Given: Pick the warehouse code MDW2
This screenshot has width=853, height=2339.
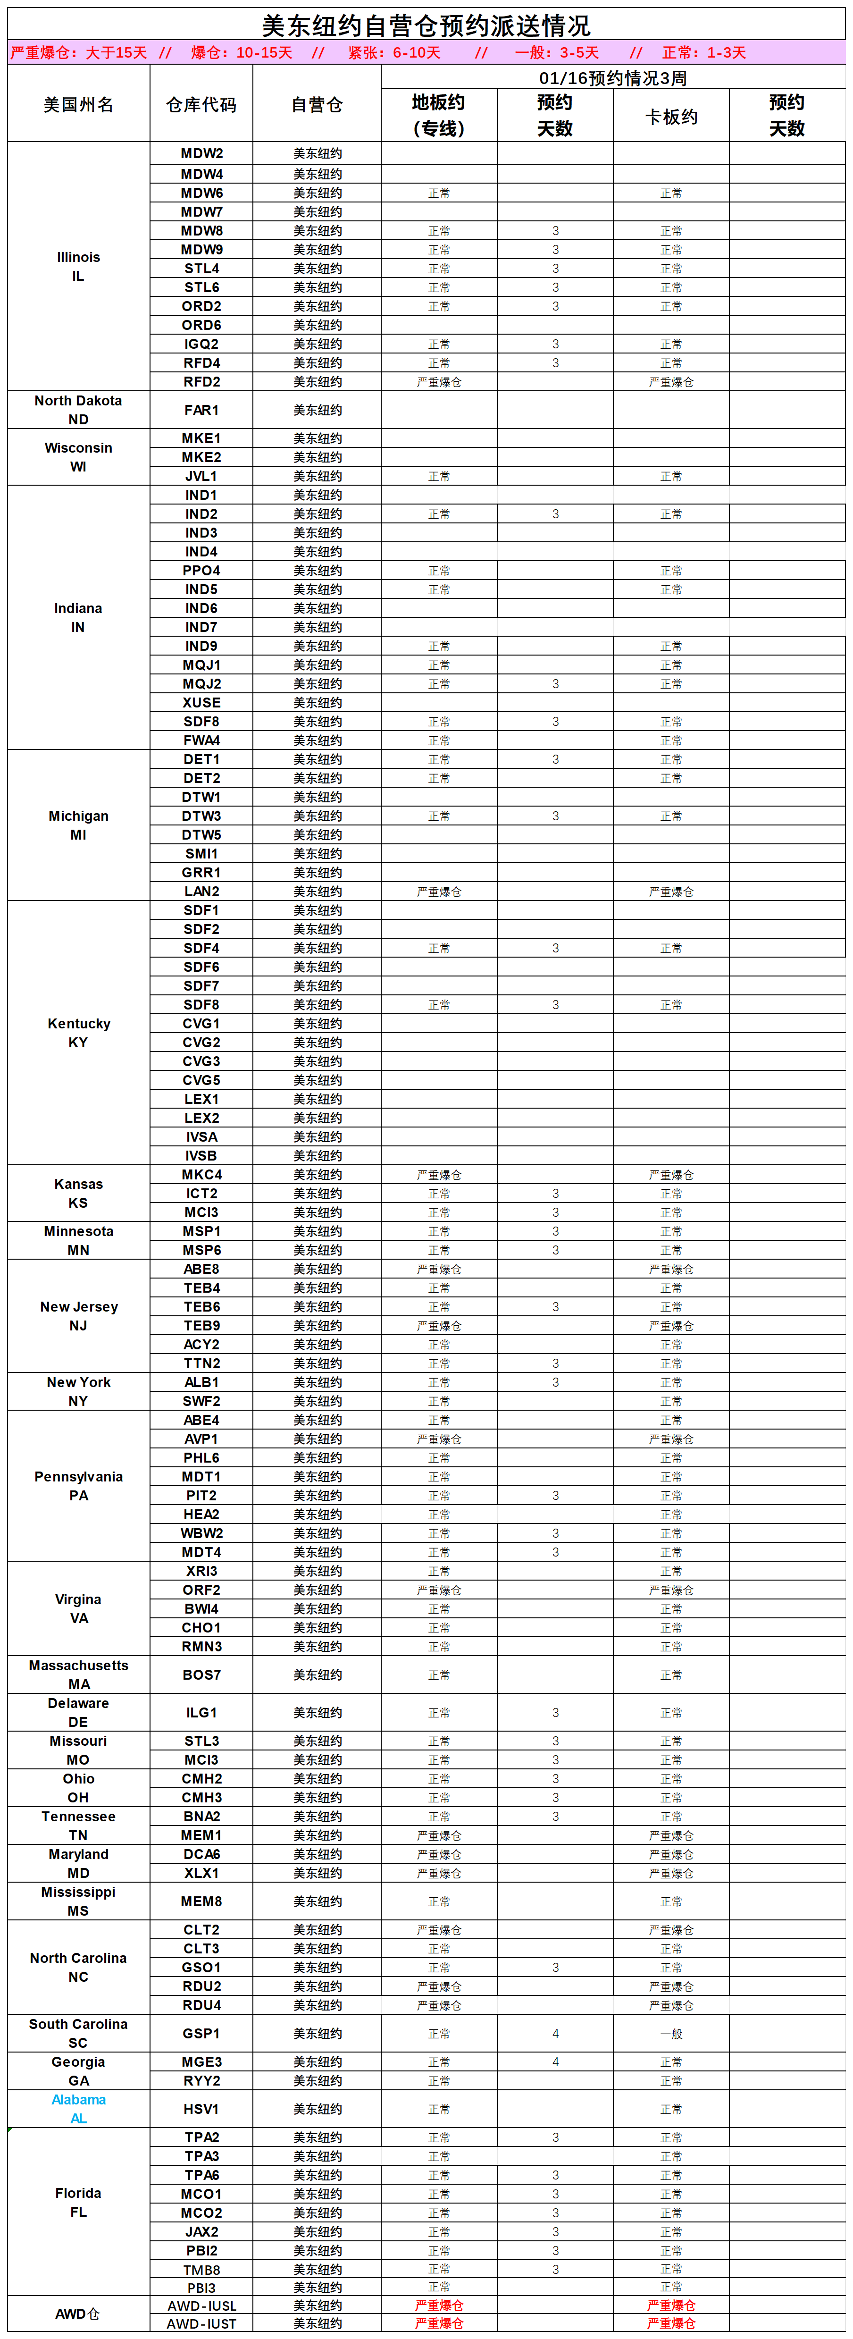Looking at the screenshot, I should pyautogui.click(x=201, y=153).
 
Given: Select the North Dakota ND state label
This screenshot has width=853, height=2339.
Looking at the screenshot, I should pyautogui.click(x=79, y=410).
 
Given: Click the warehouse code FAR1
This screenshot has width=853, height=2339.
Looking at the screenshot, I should pyautogui.click(x=201, y=410).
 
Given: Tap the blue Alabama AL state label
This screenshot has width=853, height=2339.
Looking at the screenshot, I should pyautogui.click(x=79, y=2108).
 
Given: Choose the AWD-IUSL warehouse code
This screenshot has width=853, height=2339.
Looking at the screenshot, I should pyautogui.click(x=201, y=2305).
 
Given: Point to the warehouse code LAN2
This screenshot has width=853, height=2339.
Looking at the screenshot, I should pyautogui.click(x=201, y=892).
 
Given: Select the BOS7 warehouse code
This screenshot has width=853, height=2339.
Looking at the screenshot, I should pyautogui.click(x=201, y=1674).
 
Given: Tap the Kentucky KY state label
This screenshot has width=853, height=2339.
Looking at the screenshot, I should pyautogui.click(x=79, y=1032).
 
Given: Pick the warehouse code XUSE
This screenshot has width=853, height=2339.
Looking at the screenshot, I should pyautogui.click(x=201, y=703).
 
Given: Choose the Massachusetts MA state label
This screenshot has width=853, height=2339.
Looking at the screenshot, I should pyautogui.click(x=79, y=1674).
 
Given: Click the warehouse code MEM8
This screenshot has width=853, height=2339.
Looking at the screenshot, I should pyautogui.click(x=201, y=1901).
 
